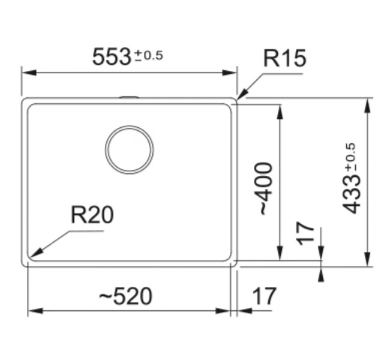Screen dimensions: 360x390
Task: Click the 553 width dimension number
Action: (x=112, y=57)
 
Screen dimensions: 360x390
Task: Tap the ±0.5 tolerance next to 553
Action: (x=148, y=56)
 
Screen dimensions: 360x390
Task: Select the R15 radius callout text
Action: (x=284, y=59)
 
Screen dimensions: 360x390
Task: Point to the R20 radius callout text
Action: (x=92, y=215)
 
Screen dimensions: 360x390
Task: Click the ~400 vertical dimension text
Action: (x=264, y=188)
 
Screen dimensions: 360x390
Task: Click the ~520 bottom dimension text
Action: (x=125, y=296)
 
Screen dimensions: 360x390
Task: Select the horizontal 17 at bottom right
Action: (x=263, y=296)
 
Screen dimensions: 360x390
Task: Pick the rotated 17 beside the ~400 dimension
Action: (x=306, y=233)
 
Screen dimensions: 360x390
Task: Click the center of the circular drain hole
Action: (x=129, y=149)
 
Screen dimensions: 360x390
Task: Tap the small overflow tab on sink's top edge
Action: (x=129, y=97)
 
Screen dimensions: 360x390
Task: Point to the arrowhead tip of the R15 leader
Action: (x=238, y=98)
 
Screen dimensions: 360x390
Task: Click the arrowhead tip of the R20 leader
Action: (x=32, y=256)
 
